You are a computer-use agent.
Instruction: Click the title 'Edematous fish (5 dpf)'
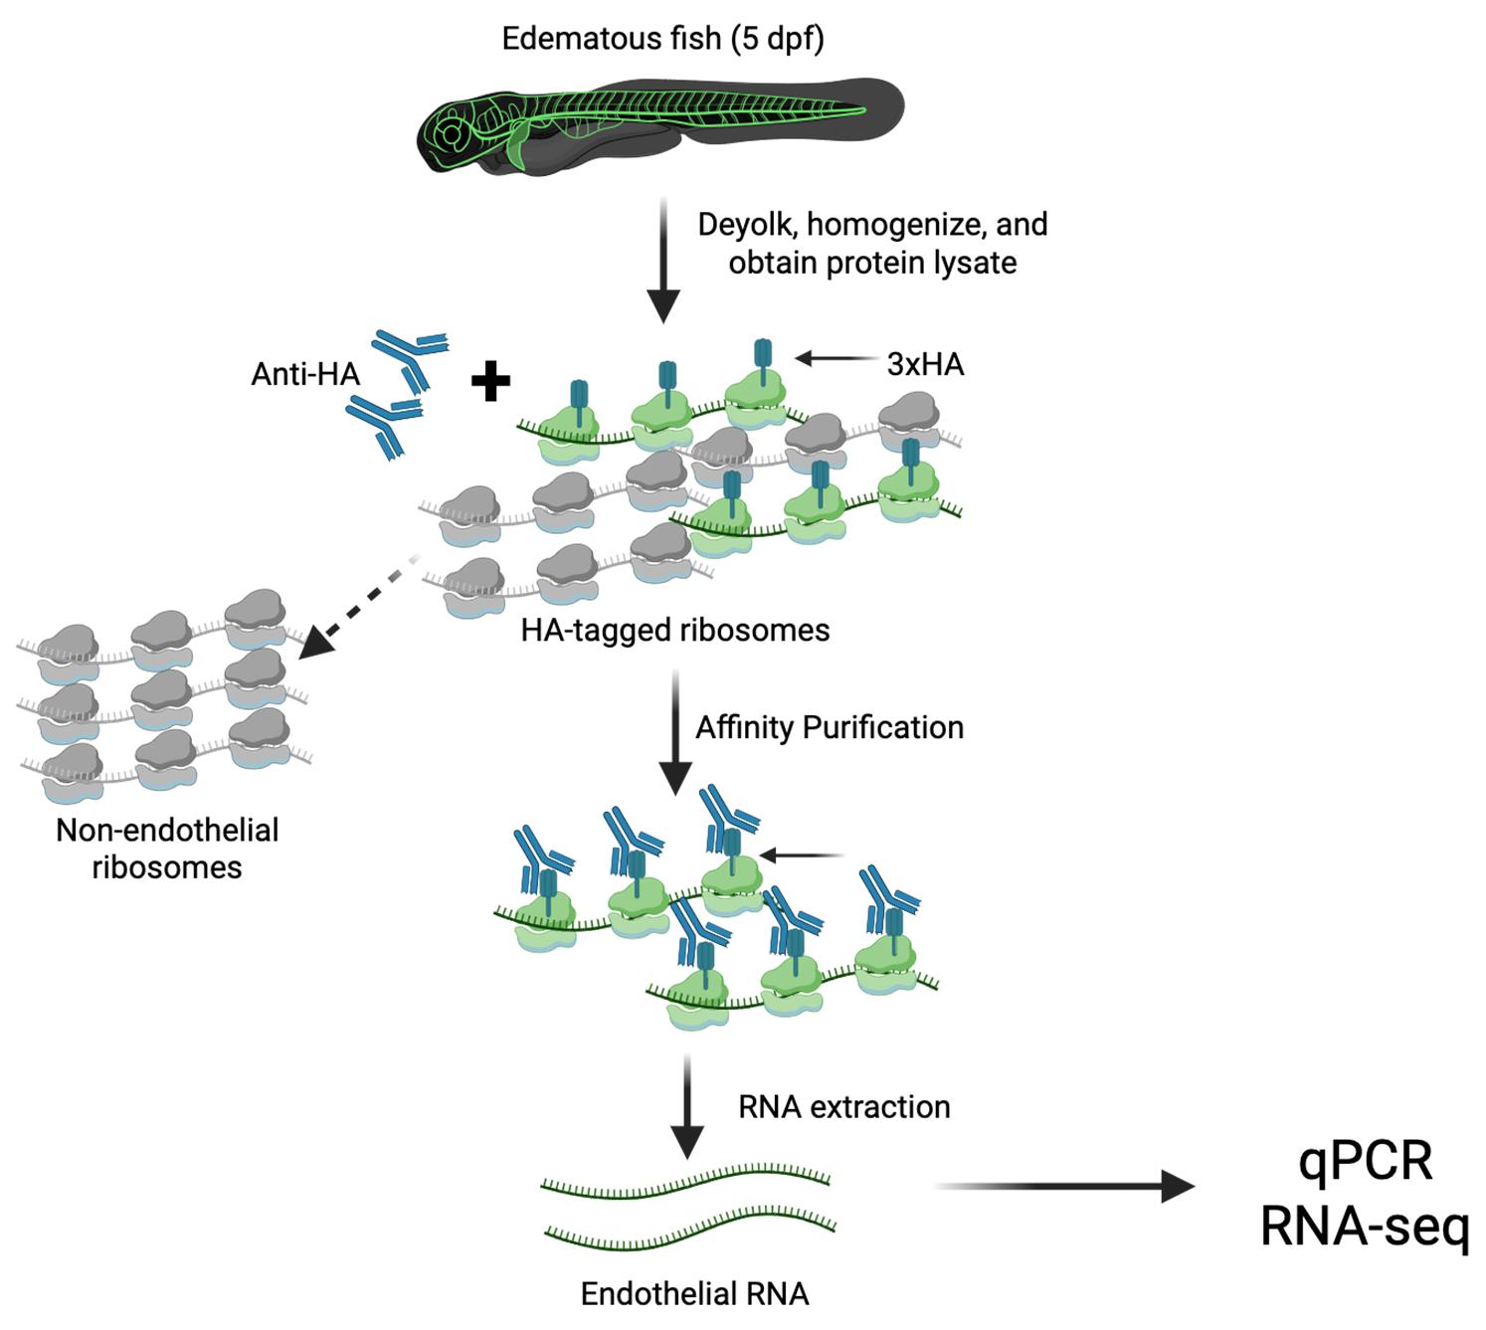(662, 39)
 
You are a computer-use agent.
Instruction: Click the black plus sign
(490, 382)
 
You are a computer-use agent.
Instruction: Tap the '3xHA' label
(925, 364)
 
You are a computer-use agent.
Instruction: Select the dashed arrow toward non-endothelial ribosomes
(359, 607)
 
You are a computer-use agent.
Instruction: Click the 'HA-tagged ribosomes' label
(674, 630)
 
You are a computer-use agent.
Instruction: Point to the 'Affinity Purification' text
(829, 727)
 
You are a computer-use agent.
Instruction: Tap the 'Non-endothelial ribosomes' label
(167, 848)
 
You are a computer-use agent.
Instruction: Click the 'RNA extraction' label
(843, 1106)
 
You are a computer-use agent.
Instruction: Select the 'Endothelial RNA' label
(694, 1293)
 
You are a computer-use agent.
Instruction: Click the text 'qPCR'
(1365, 1161)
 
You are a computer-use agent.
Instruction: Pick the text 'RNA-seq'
(1364, 1227)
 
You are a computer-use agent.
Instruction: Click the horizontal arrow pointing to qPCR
(1064, 1186)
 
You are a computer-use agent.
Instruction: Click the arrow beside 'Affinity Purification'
(676, 731)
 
